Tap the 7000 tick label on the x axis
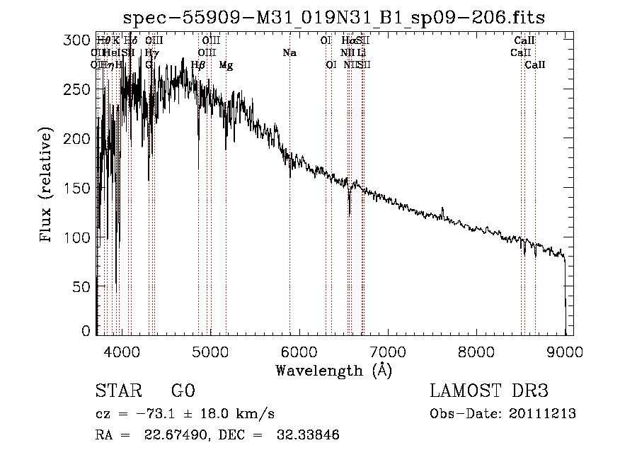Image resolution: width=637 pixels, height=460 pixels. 387,351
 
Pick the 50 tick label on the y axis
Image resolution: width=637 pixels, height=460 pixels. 82,286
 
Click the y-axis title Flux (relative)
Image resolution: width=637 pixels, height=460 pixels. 47,186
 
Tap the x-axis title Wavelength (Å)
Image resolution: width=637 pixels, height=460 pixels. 333,370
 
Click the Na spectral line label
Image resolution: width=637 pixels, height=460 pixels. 289,52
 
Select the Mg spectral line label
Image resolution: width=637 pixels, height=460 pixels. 226,65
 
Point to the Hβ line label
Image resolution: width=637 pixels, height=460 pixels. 198,65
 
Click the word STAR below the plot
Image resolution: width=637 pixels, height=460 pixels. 117,391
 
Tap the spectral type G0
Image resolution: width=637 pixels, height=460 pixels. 183,391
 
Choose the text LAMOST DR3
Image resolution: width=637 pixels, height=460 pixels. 489,391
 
